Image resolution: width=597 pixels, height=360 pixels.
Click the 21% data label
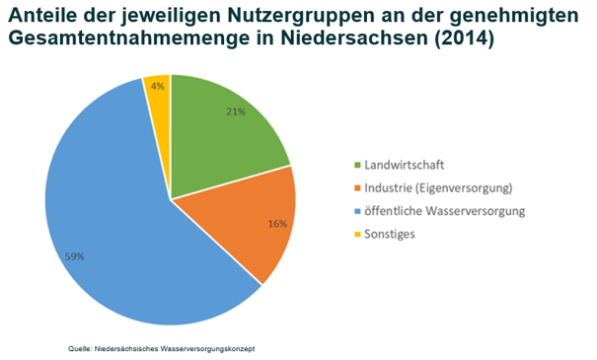(236, 111)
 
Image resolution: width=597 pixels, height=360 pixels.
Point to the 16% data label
(277, 224)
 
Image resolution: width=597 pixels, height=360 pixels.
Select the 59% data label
(74, 256)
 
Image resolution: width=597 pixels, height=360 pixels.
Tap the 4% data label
(157, 87)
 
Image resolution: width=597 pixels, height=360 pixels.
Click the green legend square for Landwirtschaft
(357, 165)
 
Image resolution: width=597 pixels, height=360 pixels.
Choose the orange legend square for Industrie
(357, 188)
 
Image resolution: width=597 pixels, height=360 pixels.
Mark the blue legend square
(357, 211)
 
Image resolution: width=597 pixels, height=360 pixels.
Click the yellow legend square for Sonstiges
(357, 234)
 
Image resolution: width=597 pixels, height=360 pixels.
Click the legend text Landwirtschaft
(405, 165)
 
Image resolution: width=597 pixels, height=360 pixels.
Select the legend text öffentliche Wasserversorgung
(445, 211)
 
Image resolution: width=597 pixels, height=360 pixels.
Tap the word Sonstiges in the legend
(390, 234)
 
